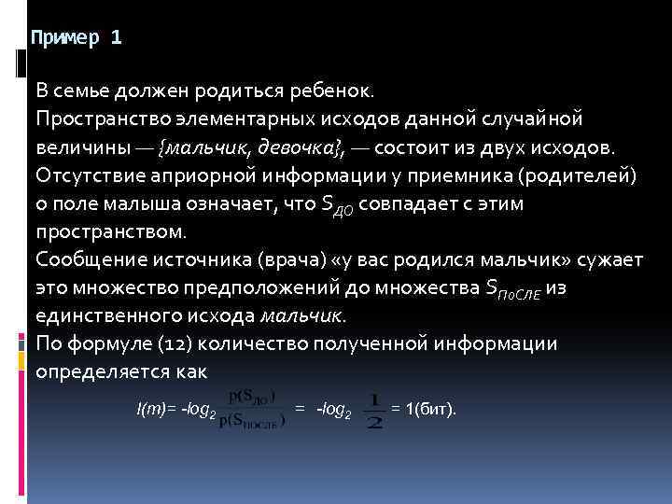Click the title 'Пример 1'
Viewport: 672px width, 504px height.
[x=76, y=38]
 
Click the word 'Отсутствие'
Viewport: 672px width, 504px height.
[x=84, y=175]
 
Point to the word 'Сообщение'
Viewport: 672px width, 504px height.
[x=84, y=259]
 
